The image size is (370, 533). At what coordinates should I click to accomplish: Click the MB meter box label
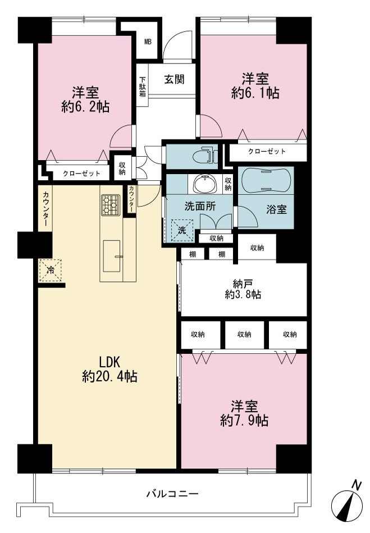(148, 42)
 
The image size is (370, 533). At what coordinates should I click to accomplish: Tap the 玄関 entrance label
(174, 80)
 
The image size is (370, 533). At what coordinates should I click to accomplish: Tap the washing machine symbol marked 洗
(182, 230)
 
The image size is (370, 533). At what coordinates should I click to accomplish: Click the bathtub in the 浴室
(266, 180)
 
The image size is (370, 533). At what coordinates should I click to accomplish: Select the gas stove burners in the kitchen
(111, 205)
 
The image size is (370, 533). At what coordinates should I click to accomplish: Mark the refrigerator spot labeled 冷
(51, 271)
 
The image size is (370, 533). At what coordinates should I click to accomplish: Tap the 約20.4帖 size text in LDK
(109, 377)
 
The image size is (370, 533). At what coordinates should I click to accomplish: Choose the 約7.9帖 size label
(244, 421)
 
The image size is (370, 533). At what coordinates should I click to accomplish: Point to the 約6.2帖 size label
(85, 107)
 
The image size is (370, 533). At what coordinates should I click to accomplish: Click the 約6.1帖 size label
(255, 93)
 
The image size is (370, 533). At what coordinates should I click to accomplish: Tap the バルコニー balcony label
(172, 493)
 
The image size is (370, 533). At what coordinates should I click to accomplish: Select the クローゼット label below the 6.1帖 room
(267, 151)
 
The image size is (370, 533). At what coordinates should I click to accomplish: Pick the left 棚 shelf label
(193, 254)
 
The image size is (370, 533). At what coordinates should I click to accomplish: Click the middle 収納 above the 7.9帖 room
(244, 335)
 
